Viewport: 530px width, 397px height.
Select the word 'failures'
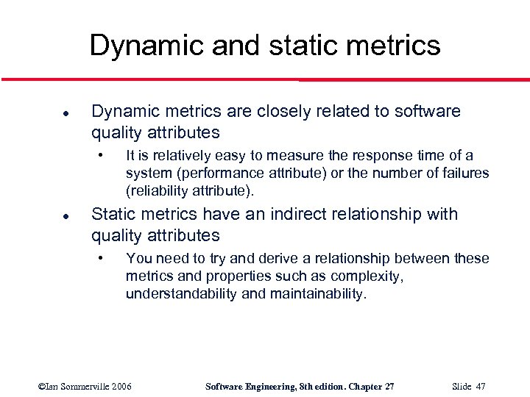(x=464, y=174)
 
